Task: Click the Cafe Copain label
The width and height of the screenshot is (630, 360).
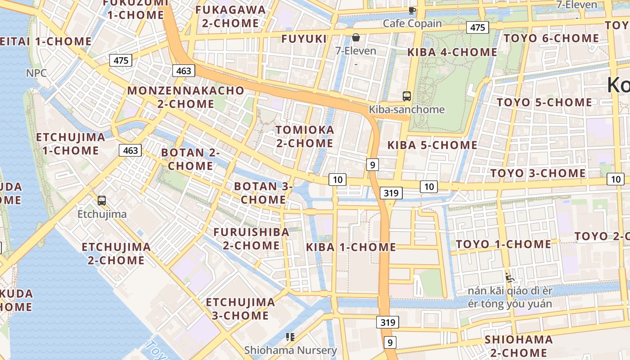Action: click(x=412, y=23)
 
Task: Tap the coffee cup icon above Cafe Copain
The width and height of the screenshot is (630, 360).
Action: click(x=412, y=10)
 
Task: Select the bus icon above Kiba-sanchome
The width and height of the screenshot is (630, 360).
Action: click(x=407, y=96)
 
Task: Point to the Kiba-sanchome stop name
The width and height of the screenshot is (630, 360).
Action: click(x=406, y=109)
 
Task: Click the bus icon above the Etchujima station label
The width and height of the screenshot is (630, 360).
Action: click(x=102, y=201)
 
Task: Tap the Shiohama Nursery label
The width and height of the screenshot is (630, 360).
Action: click(x=290, y=350)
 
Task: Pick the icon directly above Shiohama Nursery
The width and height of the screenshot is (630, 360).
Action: click(x=290, y=337)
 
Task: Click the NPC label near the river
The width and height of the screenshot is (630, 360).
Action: click(x=36, y=73)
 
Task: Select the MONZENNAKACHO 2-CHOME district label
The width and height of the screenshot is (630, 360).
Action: click(x=185, y=97)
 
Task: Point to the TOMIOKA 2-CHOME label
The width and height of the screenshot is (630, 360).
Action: click(x=305, y=136)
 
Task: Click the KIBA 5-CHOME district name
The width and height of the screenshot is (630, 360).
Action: click(x=432, y=145)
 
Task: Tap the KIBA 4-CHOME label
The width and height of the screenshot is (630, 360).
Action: click(x=452, y=52)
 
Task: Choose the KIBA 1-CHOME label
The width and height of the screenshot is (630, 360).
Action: click(x=351, y=247)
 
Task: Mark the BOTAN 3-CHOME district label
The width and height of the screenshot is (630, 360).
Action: click(x=263, y=193)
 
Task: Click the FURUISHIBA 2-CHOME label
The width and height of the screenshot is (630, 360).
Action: click(x=251, y=238)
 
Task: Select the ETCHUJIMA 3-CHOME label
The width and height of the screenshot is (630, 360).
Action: click(x=240, y=309)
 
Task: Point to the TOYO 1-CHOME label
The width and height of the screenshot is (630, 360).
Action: click(x=503, y=244)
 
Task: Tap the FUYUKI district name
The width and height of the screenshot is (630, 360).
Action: click(x=304, y=39)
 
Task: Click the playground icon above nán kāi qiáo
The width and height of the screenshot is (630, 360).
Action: click(x=509, y=277)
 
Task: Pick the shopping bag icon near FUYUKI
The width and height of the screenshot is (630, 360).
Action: click(x=355, y=37)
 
